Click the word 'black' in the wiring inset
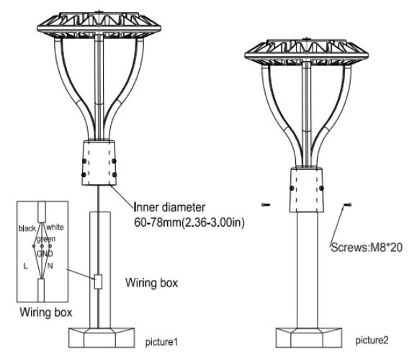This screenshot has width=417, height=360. (27, 228)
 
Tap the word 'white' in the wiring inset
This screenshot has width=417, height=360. (55, 227)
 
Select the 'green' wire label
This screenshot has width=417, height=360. (46, 239)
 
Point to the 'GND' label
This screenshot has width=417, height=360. (45, 253)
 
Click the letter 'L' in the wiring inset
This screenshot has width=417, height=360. (25, 266)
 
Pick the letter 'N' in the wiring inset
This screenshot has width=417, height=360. (50, 266)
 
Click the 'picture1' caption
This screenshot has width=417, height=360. (161, 342)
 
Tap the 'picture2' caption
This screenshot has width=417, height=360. (372, 340)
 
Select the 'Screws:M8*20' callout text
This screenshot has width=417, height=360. (367, 248)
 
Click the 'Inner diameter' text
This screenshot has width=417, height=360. (169, 207)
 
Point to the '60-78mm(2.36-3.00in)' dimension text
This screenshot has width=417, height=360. (189, 222)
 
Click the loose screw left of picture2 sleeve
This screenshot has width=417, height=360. (266, 204)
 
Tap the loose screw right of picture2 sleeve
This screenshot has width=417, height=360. (347, 204)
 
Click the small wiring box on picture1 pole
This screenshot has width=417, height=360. (98, 282)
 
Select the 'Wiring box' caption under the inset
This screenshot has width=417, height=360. (46, 312)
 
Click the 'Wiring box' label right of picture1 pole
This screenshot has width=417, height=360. (151, 283)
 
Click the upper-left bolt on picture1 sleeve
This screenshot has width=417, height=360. (84, 161)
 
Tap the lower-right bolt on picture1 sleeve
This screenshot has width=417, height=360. (115, 175)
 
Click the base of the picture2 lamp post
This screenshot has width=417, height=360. (308, 338)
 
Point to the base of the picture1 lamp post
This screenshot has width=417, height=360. (102, 338)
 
